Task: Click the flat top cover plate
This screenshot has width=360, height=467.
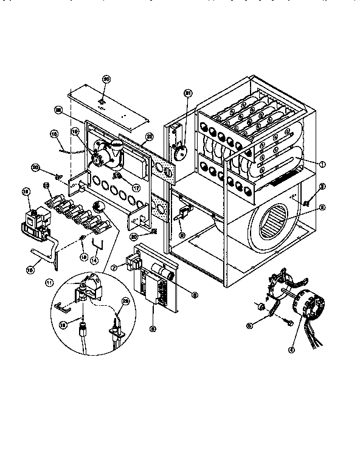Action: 108,105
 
